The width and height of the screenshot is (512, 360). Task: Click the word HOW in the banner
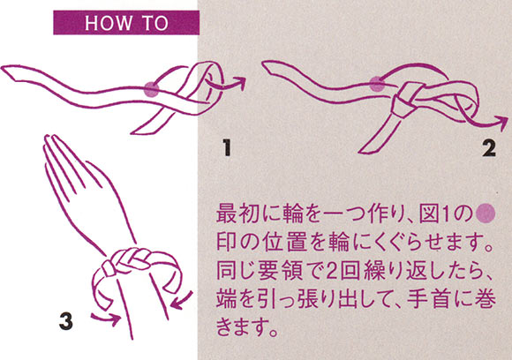[109, 23]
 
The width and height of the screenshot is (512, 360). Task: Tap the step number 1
[227, 147]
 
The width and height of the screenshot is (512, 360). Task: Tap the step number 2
[489, 148]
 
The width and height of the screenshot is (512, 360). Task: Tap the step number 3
[66, 321]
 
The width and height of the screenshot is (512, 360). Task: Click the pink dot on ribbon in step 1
[152, 89]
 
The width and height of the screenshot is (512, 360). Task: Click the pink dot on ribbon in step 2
[377, 84]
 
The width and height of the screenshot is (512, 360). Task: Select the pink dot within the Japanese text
[486, 214]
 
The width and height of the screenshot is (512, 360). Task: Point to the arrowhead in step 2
[503, 123]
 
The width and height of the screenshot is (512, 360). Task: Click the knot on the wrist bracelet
[109, 268]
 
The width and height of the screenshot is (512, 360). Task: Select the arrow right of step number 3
[105, 318]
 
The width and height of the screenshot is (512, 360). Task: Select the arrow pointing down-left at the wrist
[182, 301]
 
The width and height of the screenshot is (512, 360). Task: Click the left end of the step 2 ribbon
[267, 66]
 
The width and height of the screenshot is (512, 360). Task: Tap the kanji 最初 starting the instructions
[238, 214]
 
